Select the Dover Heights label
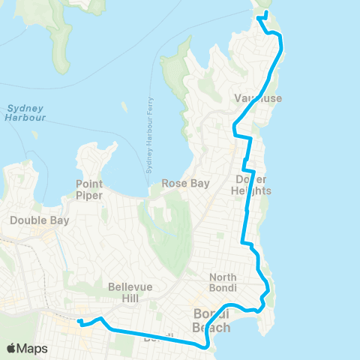(x=250, y=184)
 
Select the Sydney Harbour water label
(x=25, y=113)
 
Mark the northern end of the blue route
(x=267, y=13)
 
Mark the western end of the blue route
(x=78, y=322)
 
